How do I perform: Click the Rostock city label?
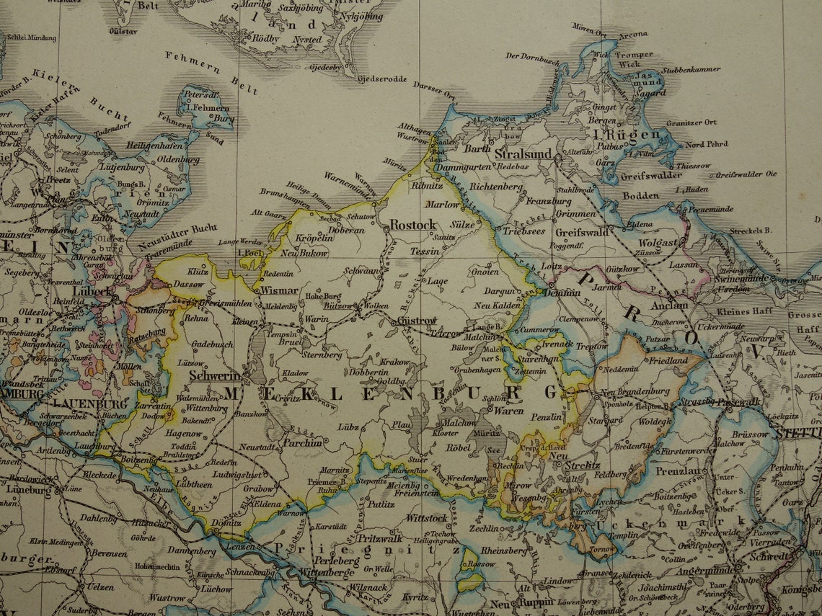(413, 225)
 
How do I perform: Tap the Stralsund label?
(523, 153)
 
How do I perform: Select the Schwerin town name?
(214, 375)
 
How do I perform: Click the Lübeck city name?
(93, 292)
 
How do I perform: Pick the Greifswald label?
(582, 232)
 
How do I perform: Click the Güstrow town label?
(416, 320)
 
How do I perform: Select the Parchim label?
(302, 442)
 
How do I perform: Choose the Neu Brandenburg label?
(635, 391)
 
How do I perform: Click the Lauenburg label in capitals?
(80, 403)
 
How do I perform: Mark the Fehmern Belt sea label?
(211, 73)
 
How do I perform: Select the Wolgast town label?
(658, 243)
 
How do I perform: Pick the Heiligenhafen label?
(154, 146)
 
